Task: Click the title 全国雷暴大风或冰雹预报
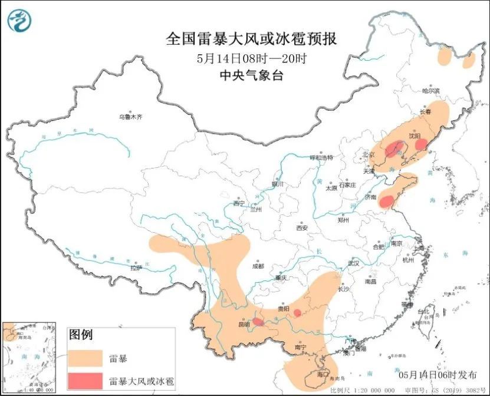coord(252,39)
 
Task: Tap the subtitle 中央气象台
coord(251,75)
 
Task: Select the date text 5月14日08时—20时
coord(252,58)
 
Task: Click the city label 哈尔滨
coord(431,91)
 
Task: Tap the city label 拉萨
coord(136,267)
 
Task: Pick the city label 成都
coord(258,266)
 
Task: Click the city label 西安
coord(302,227)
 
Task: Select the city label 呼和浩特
coord(322,157)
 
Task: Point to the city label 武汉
coord(353,263)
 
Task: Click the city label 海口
coord(322,374)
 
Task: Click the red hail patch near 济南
coord(386,202)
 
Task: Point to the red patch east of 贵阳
coord(298,313)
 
